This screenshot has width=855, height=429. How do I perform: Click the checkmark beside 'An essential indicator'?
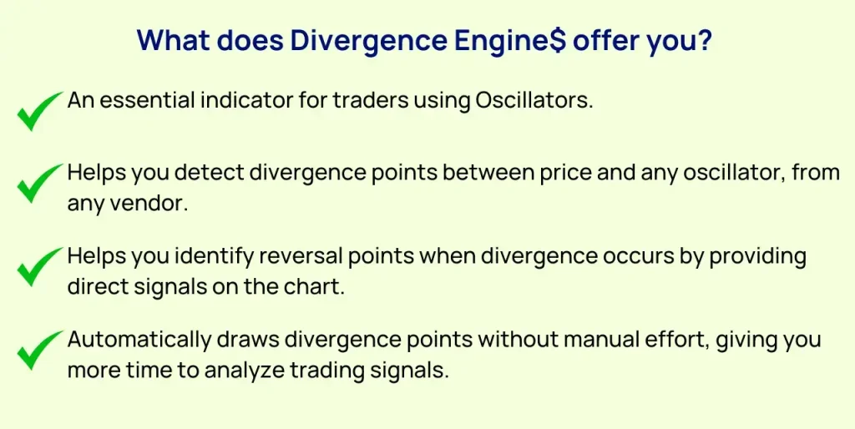38,111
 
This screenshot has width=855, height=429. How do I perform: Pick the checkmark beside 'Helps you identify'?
38,266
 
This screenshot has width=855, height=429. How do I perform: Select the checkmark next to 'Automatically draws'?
38,351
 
